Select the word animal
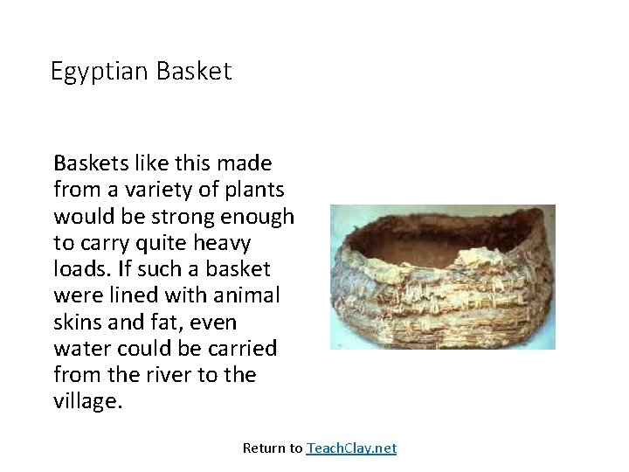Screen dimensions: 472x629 pyautogui.click(x=248, y=295)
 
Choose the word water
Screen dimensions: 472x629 pyautogui.click(x=81, y=349)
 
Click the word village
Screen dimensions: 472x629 pyautogui.click(x=86, y=402)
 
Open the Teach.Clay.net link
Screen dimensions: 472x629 pyautogui.click(x=351, y=448)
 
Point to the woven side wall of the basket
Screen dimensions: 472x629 pyautogui.click(x=437, y=306)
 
